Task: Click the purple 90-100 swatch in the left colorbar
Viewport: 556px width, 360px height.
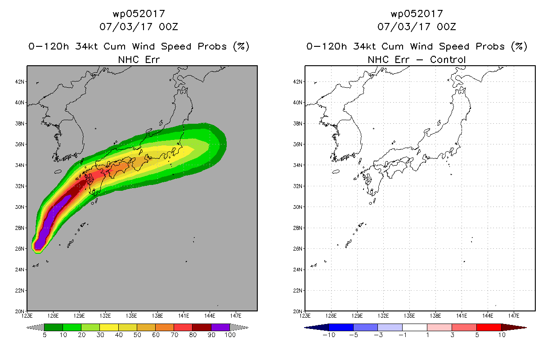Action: point(220,327)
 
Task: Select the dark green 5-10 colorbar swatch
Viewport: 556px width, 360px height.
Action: point(54,327)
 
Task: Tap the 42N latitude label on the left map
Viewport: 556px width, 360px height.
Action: point(20,82)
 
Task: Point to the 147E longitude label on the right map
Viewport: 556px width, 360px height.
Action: point(514,316)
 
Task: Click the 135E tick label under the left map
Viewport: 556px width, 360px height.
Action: point(131,316)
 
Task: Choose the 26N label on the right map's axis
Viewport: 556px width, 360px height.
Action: point(298,248)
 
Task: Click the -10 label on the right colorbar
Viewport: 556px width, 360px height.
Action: point(329,335)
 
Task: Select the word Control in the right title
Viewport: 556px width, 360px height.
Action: point(448,59)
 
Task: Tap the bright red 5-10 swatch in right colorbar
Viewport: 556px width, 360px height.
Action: point(489,327)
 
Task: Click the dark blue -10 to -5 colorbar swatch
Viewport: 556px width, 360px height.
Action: point(341,327)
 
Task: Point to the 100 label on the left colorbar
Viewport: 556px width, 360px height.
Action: point(230,335)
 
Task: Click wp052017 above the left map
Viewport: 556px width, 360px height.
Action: point(139,14)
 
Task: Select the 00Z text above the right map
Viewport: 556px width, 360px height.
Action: point(446,27)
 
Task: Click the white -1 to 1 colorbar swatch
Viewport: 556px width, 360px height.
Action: point(415,327)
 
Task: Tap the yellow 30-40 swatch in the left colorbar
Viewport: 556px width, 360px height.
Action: point(109,327)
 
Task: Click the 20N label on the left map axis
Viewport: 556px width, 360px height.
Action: point(20,311)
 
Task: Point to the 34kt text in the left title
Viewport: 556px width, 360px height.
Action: point(87,46)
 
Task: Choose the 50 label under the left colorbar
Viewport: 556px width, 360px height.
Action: point(137,335)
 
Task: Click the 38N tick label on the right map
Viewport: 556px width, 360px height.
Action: point(298,123)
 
